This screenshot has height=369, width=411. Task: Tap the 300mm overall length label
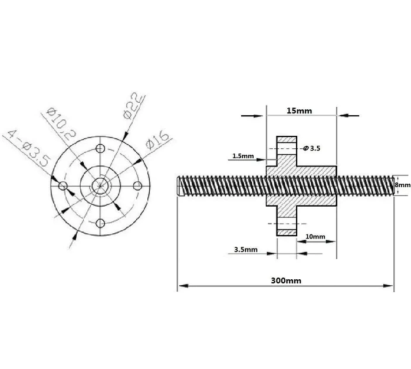(285, 281)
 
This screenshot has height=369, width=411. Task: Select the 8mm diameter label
(403, 185)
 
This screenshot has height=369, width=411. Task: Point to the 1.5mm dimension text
(243, 156)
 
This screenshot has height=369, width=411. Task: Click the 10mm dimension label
(315, 237)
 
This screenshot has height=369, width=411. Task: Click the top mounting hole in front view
(101, 147)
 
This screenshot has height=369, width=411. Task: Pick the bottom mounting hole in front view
(101, 223)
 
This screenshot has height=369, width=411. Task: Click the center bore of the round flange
(101, 185)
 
